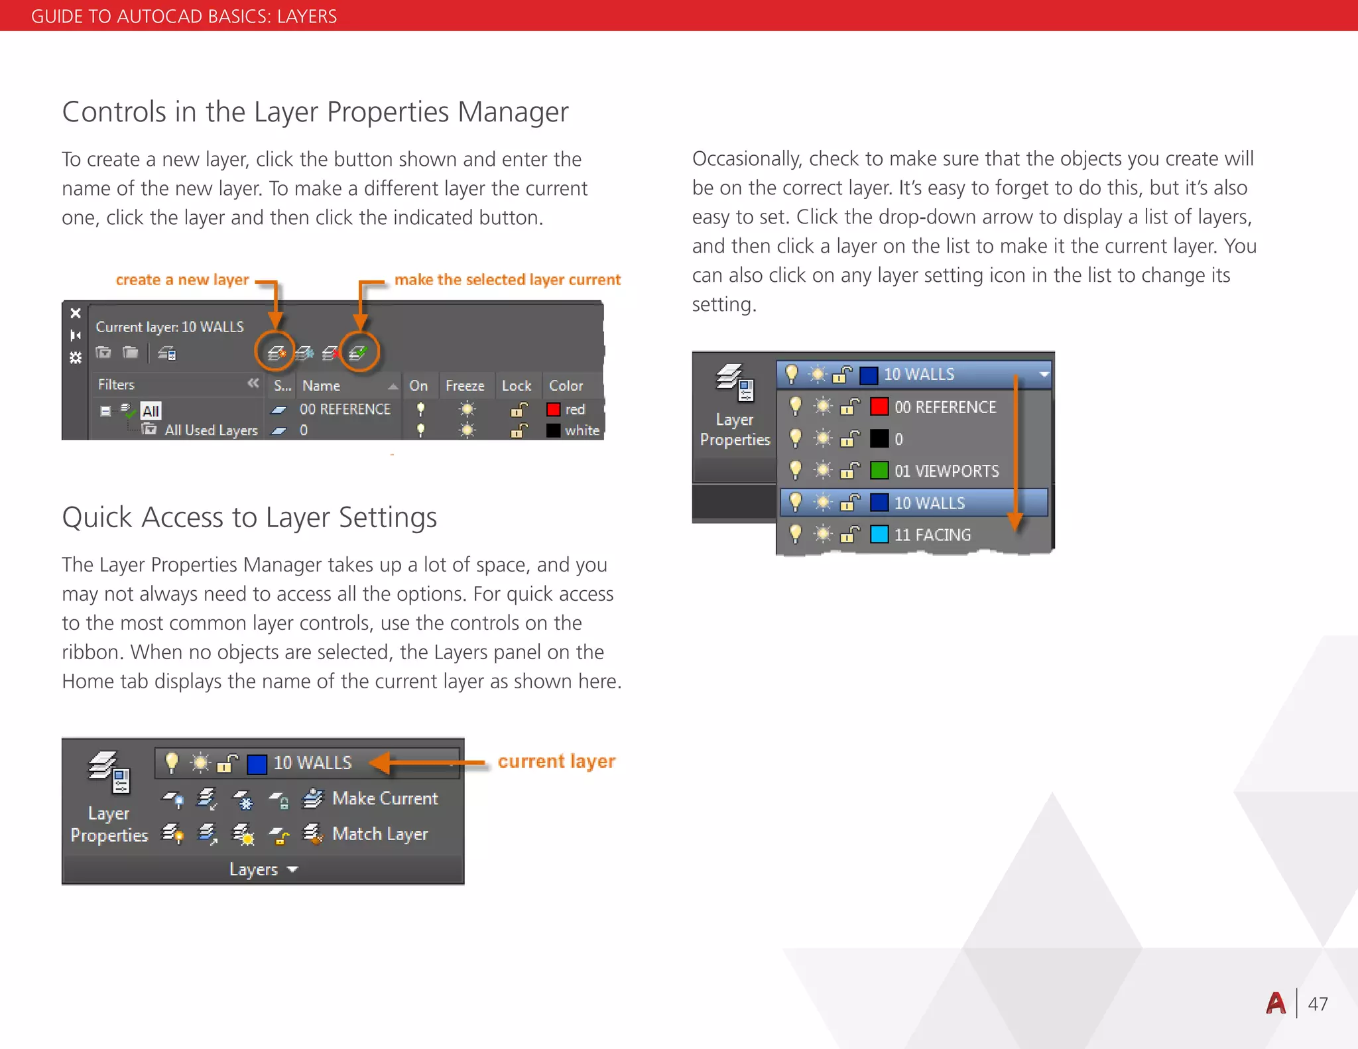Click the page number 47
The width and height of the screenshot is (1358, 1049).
tap(1318, 1004)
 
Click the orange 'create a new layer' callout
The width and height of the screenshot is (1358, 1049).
tap(182, 280)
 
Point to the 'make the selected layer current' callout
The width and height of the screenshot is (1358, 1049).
tap(507, 280)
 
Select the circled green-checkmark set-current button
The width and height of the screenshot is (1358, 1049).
tap(359, 352)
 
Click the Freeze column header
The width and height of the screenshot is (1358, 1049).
tap(465, 386)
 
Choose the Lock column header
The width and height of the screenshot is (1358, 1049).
tap(517, 386)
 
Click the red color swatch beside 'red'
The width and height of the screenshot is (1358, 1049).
tap(553, 409)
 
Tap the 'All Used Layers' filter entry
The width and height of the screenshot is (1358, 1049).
tap(211, 430)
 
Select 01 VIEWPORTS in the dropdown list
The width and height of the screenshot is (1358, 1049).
tap(946, 471)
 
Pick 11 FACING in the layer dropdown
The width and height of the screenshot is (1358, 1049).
tap(932, 534)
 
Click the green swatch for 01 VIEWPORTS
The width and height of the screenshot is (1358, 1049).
tap(879, 470)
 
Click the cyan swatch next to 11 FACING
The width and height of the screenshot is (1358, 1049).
tap(879, 534)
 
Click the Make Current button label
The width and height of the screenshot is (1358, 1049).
tap(385, 798)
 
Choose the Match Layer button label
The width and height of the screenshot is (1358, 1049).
tap(380, 833)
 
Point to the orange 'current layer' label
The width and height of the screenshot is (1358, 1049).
tap(556, 761)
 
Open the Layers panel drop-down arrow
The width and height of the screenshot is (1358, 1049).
tap(293, 869)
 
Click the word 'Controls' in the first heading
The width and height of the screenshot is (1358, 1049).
tap(114, 112)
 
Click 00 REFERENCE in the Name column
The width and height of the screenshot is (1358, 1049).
tap(345, 409)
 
